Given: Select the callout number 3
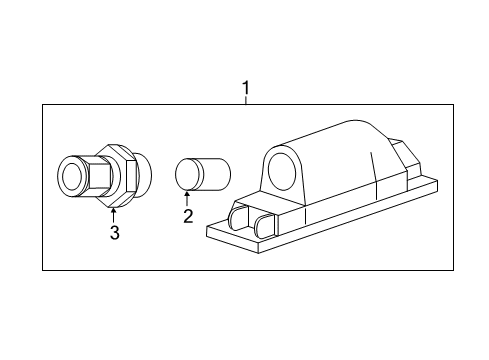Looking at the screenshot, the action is click(114, 233).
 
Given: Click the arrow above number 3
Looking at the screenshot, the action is click(113, 212).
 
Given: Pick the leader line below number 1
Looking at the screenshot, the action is click(246, 103).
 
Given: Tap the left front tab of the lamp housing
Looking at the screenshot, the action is click(240, 219).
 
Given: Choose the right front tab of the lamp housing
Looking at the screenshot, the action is click(264, 225).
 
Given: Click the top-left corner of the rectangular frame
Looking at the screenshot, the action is click(43, 105).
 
